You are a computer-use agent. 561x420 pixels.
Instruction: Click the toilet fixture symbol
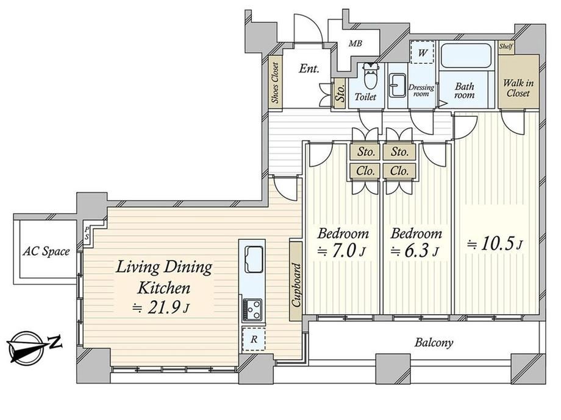tap(370, 75)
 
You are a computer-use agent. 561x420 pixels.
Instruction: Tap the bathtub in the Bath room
tap(465, 55)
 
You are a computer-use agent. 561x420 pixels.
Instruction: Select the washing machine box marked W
tap(422, 52)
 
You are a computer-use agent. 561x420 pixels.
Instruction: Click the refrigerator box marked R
tap(254, 338)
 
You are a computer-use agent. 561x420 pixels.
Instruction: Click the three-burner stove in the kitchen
tap(252, 310)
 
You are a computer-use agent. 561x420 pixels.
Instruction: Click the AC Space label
tap(46, 251)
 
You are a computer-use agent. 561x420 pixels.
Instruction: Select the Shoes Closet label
tap(275, 83)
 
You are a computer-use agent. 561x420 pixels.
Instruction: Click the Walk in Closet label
tap(518, 88)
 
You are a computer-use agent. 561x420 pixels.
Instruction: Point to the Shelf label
tap(506, 46)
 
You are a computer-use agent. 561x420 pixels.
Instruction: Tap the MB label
tap(356, 44)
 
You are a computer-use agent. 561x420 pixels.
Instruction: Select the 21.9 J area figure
tap(160, 308)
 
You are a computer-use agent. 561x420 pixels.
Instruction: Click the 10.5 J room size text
tap(495, 245)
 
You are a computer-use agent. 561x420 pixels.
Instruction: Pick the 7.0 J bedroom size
tap(341, 251)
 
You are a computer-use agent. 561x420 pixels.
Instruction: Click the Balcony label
tap(434, 343)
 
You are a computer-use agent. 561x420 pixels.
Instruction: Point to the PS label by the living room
tap(87, 233)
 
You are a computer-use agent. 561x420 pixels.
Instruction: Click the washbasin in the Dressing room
tap(398, 85)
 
